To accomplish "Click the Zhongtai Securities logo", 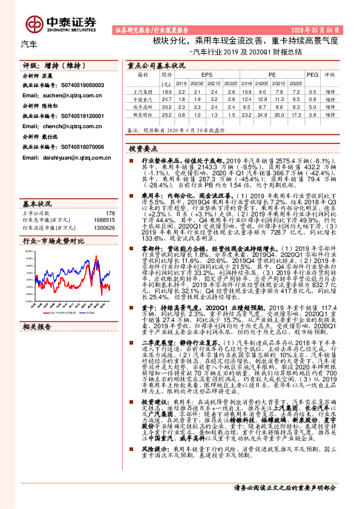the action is (61, 22).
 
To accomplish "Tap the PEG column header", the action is (312, 74).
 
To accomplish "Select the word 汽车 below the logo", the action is (29, 45).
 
